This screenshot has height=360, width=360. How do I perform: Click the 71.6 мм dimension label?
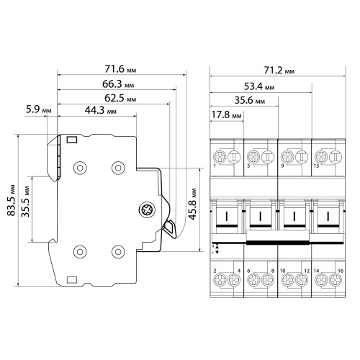point(120,69)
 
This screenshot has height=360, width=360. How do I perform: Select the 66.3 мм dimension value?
point(118,84)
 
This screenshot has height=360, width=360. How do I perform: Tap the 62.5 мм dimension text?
point(120,98)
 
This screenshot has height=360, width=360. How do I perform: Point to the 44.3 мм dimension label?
point(101,110)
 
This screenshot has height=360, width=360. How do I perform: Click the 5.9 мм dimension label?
point(38,109)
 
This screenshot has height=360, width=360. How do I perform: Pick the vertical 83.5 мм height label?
point(11,200)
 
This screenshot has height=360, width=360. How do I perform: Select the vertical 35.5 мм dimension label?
point(25,202)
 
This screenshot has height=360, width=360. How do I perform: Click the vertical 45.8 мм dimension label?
point(192,204)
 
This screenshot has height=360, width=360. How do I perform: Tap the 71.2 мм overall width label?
point(279,71)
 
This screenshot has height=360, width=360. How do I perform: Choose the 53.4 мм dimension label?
point(259,86)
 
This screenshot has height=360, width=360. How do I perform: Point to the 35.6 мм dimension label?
point(250,100)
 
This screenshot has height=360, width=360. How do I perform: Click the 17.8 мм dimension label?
point(226,114)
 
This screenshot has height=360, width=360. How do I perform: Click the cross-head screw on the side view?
point(147,210)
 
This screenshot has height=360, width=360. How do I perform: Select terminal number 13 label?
point(316,166)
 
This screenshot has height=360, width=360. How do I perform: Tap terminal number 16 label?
point(341,271)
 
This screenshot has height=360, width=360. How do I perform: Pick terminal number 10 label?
point(282,271)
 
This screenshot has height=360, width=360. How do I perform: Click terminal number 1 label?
point(215,166)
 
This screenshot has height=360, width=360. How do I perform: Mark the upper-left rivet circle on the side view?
point(80,168)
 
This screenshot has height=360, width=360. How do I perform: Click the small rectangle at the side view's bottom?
point(72,280)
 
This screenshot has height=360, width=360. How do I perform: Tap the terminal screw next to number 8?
point(268,279)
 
